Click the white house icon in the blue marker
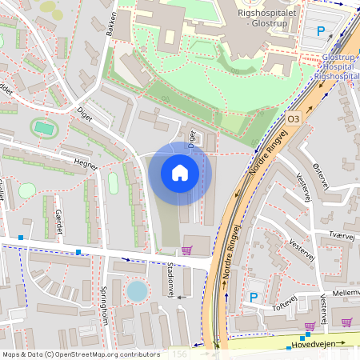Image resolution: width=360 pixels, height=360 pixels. [180, 173]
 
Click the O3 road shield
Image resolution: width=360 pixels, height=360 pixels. [293, 118]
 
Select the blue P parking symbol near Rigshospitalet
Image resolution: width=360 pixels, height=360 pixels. [322, 32]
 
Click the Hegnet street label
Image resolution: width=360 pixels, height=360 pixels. [85, 163]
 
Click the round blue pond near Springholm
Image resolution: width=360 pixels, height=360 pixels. [138, 290]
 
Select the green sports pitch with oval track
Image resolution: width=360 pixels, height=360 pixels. [44, 128]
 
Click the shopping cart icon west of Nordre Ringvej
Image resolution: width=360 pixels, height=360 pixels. [187, 250]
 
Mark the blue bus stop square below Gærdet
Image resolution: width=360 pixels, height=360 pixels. [78, 252]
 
